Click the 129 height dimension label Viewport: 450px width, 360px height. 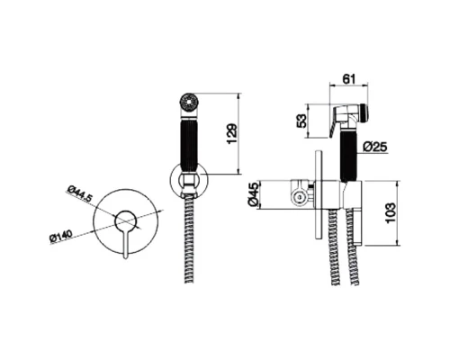point(231,133)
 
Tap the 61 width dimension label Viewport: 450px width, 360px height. point(349,79)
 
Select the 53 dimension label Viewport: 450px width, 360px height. point(302,121)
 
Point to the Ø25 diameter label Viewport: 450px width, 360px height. point(374,147)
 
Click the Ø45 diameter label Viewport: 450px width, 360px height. point(254,194)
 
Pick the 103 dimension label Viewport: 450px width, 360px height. point(390,213)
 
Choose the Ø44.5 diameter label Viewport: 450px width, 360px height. point(79,194)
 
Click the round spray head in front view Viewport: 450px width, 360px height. point(188,102)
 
